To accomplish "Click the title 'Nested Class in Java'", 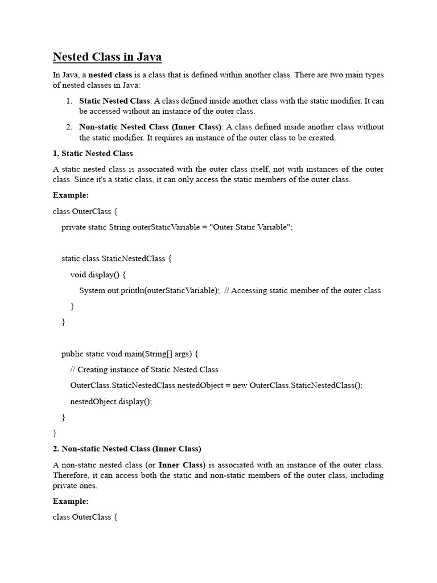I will (107, 57).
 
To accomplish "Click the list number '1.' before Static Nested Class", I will (69, 101).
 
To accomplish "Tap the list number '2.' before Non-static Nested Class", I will (69, 127).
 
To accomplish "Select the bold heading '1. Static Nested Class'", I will (93, 153).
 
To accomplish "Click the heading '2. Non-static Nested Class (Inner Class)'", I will (127, 448).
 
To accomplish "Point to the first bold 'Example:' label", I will (71, 195).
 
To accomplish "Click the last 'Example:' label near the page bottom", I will (71, 502).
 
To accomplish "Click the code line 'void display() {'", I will (98, 274).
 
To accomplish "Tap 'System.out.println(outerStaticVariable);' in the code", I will (149, 290).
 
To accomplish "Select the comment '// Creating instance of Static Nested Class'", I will (144, 369).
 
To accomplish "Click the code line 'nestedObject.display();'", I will (111, 401).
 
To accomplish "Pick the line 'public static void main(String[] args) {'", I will (130, 354).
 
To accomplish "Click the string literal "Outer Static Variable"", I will (250, 227).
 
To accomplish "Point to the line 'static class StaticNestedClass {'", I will (117, 258).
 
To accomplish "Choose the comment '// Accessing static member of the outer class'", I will (303, 290).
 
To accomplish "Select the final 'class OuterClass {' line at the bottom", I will (85, 518).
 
